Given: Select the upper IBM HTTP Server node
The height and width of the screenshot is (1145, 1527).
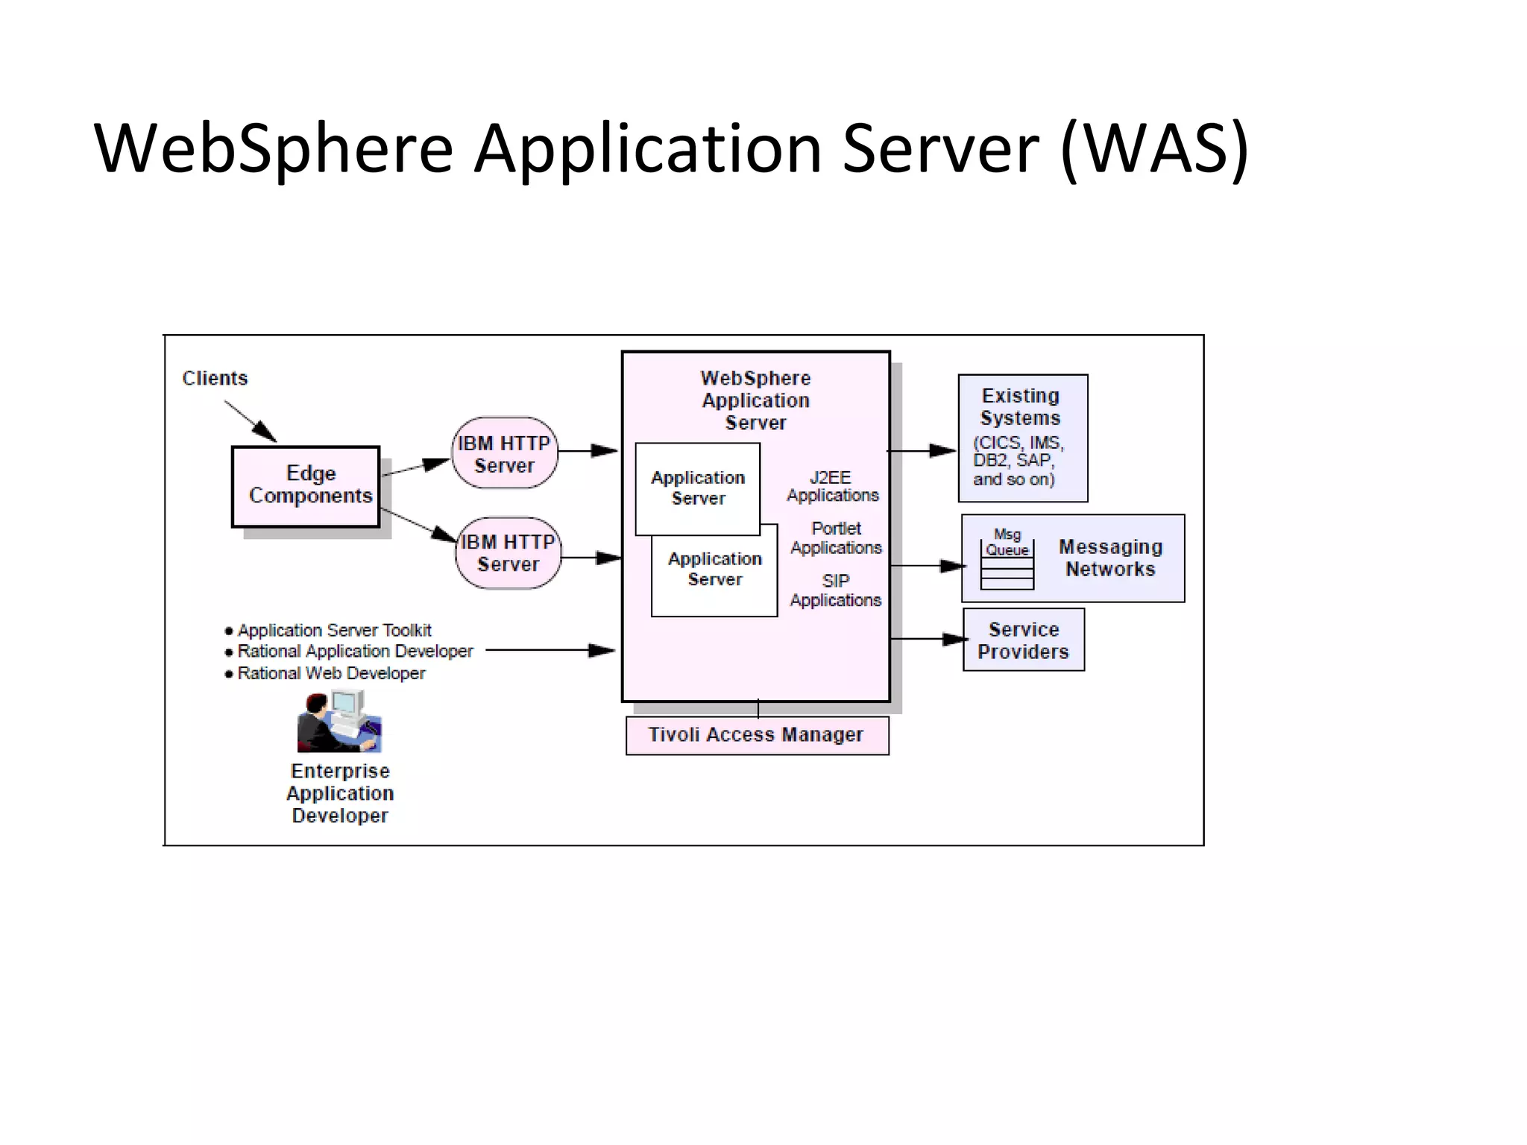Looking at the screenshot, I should pos(505,453).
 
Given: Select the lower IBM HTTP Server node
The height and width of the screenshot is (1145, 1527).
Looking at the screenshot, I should pos(508,553).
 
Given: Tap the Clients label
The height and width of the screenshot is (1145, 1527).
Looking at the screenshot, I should pos(215,378).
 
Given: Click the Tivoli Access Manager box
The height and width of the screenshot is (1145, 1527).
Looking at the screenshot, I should pos(757,735).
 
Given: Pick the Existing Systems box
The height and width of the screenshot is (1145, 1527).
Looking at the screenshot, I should pos(1022,438).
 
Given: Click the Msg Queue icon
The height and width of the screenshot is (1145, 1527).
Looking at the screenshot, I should pos(1007,564).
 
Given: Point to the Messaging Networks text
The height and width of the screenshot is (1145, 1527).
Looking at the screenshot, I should pos(1110,558).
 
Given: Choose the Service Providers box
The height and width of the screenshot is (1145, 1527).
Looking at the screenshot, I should pos(1023,640).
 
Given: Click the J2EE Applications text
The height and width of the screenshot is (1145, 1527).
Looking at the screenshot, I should pos(832,486).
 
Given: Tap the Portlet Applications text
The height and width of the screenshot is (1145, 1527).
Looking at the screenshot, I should pos(836,538).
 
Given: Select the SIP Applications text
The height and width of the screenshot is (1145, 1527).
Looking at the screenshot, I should pos(835,590).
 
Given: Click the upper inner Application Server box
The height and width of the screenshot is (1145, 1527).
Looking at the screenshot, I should pos(698,488).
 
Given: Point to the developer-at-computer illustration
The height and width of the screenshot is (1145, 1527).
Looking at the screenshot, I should pos(339,722).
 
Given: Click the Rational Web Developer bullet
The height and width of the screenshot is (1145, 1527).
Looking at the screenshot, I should pos(330,673).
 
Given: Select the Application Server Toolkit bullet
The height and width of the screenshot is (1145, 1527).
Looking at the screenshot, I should pos(333,630).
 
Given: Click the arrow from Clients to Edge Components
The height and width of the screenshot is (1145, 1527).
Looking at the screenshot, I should pos(251,422).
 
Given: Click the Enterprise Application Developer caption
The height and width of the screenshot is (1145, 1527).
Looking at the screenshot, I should pos(340,793).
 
